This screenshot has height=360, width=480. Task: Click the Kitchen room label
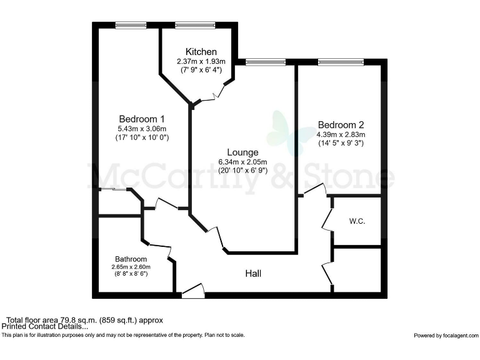201,51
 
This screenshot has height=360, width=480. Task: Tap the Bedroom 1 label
142,119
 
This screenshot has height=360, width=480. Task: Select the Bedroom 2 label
341,124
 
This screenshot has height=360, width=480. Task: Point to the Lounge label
242,152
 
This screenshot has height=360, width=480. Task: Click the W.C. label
357,221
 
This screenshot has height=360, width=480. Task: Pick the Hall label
253,274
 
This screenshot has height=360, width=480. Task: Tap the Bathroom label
131,259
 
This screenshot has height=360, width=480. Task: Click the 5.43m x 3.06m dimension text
142,128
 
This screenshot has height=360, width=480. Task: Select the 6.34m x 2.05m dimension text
242,161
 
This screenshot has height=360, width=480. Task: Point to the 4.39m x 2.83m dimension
341,134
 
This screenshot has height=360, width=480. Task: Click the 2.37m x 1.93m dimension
201,61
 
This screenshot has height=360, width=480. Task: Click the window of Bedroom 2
341,62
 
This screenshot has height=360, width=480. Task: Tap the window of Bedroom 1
131,25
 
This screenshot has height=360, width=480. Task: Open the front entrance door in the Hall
192,290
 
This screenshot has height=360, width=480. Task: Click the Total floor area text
86,320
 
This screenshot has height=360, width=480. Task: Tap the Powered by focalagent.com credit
444,336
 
